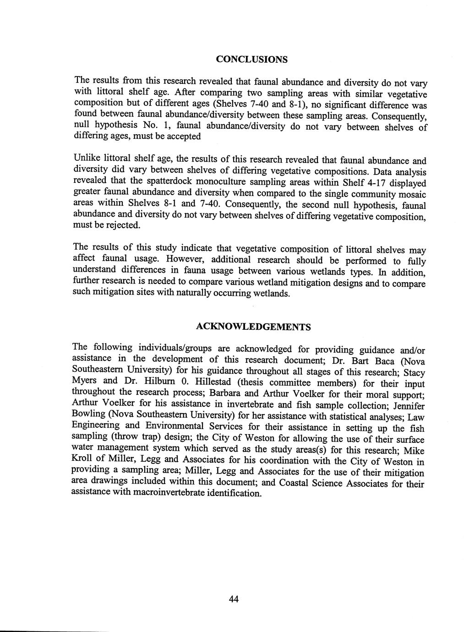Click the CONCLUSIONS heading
click(x=251, y=60)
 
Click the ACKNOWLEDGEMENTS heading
click(x=253, y=327)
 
